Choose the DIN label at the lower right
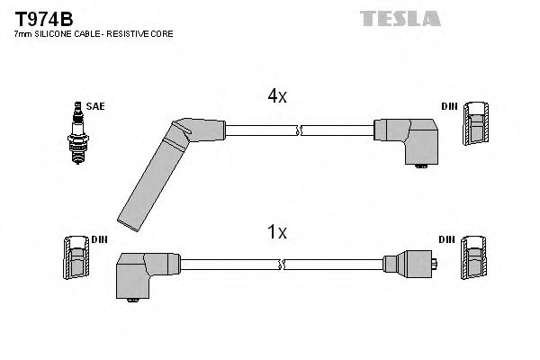point(447,238)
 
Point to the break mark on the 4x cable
point(301,130)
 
